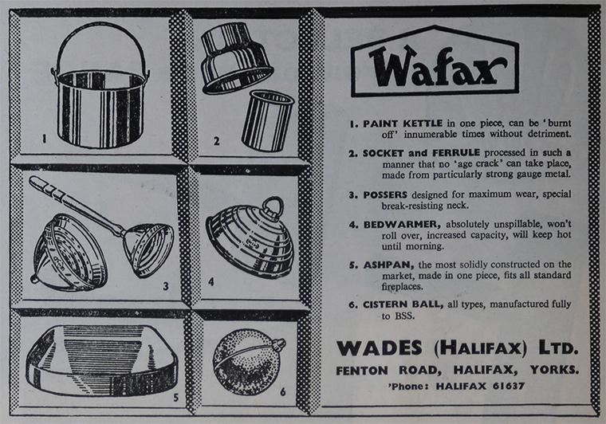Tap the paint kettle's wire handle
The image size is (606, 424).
click(x=100, y=26)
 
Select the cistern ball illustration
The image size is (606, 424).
click(x=249, y=362)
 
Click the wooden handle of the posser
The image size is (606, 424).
click(x=77, y=205)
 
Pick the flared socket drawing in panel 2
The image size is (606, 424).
click(x=237, y=57)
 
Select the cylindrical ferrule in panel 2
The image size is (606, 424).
click(x=267, y=120)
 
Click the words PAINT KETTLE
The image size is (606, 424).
click(x=403, y=124)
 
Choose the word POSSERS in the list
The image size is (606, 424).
click(x=385, y=195)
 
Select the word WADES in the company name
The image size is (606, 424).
click(x=379, y=348)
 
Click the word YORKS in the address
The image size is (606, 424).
click(x=554, y=370)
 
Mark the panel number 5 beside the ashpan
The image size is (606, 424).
click(x=176, y=397)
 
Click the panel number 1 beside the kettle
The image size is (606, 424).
click(x=45, y=138)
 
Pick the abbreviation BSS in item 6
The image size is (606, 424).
click(x=403, y=316)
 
